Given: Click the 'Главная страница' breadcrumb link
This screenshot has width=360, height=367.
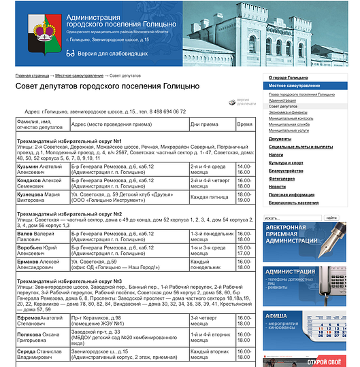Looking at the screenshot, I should tap(32, 75).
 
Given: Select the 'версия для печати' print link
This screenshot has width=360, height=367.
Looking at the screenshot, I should tap(246, 102).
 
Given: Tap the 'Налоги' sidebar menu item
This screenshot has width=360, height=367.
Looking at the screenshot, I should tap(276, 155).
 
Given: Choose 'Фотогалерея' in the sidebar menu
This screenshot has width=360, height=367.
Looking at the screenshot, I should tap(282, 179).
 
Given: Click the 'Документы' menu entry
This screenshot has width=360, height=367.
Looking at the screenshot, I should tap(280, 139).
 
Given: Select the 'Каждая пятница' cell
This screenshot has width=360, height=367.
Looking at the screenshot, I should tap(208, 197).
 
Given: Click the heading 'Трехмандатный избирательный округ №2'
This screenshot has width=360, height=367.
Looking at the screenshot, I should tap(69, 213).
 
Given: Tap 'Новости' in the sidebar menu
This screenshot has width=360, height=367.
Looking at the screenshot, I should tap(277, 186).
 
